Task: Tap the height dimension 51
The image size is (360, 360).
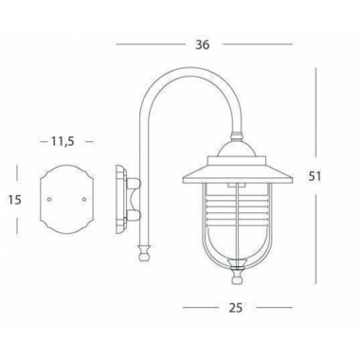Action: click(x=327, y=176)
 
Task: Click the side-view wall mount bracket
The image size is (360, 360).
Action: click(x=121, y=199)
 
